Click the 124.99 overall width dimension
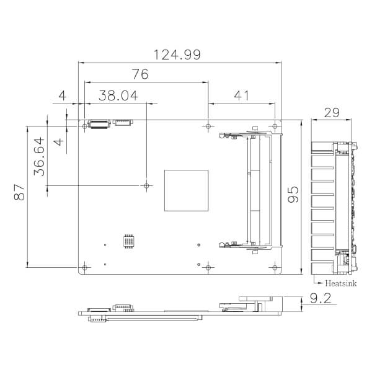[x=177, y=55]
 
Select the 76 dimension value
[x=140, y=74]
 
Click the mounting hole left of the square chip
[x=146, y=185]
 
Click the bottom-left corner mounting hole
[x=84, y=267]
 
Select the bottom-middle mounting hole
[x=208, y=267]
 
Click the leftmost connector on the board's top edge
[x=99, y=123]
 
